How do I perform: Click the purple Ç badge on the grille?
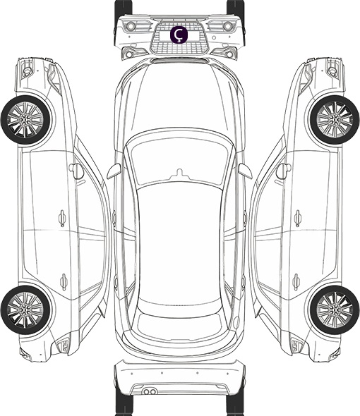(179, 35)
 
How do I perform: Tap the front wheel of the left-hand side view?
(25, 120)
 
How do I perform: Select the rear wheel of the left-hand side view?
(25, 310)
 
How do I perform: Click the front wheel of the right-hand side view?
(335, 120)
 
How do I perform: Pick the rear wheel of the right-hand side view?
(335, 310)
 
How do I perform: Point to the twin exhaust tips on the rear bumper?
(150, 391)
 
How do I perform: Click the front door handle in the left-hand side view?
(62, 219)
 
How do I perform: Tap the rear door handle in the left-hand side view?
(64, 281)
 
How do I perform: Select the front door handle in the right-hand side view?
(298, 219)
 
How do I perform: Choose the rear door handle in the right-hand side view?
(296, 281)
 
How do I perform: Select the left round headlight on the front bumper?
(131, 26)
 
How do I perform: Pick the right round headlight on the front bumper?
(228, 26)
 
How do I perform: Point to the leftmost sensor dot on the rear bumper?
(132, 374)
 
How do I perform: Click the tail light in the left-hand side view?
(64, 345)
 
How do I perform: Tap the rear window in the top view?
(179, 325)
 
